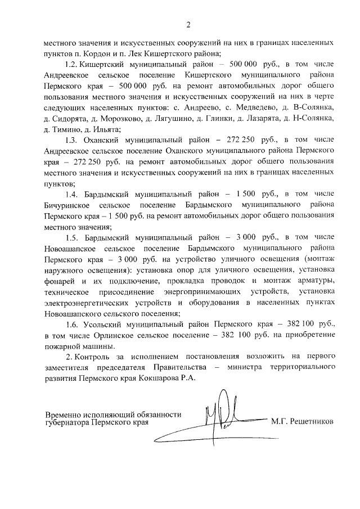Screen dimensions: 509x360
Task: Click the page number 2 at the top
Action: [188, 24]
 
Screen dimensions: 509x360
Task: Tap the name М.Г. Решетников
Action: [302, 420]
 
